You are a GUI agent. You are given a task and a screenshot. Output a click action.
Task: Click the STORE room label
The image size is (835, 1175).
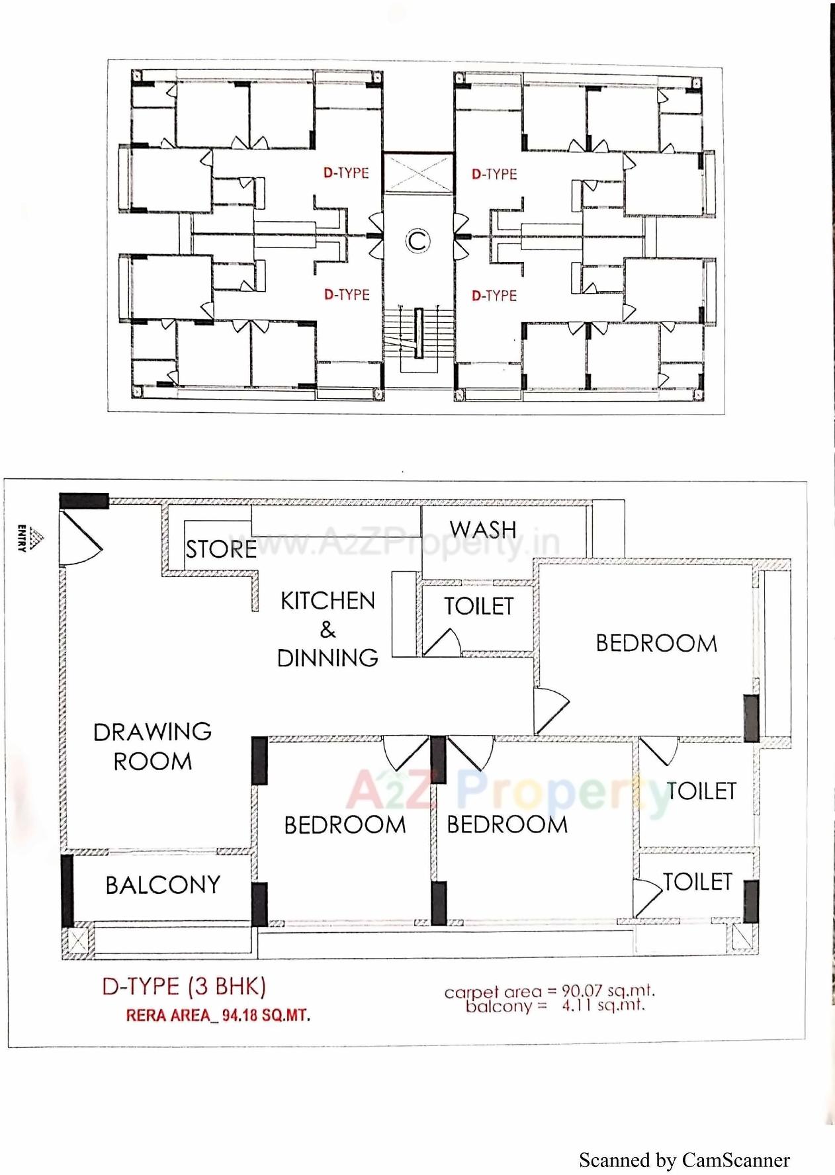(221, 549)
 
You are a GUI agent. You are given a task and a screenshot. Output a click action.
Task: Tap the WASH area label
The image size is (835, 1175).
(483, 529)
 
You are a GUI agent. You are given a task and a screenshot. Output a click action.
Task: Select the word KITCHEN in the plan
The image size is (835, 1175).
(328, 601)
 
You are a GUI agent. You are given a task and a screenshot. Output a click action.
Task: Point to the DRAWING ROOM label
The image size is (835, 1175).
(152, 746)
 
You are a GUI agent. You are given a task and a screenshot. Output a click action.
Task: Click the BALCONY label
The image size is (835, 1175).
(163, 885)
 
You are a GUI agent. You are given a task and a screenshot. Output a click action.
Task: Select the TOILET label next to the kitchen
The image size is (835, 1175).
(478, 606)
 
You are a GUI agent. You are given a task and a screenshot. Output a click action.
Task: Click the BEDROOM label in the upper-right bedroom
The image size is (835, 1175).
(656, 643)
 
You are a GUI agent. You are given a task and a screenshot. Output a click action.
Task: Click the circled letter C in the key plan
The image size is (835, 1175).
(417, 241)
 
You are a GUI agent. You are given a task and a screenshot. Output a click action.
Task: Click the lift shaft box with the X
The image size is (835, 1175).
(418, 173)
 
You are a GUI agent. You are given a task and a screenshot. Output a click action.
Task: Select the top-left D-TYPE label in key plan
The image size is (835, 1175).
(346, 173)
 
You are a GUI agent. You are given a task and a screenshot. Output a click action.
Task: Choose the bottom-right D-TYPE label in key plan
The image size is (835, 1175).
(494, 296)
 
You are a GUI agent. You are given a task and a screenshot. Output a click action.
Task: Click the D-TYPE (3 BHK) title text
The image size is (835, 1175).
(184, 986)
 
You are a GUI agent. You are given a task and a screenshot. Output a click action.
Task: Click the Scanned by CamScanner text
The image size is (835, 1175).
(684, 1160)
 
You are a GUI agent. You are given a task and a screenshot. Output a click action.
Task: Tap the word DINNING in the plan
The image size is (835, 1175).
(328, 658)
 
